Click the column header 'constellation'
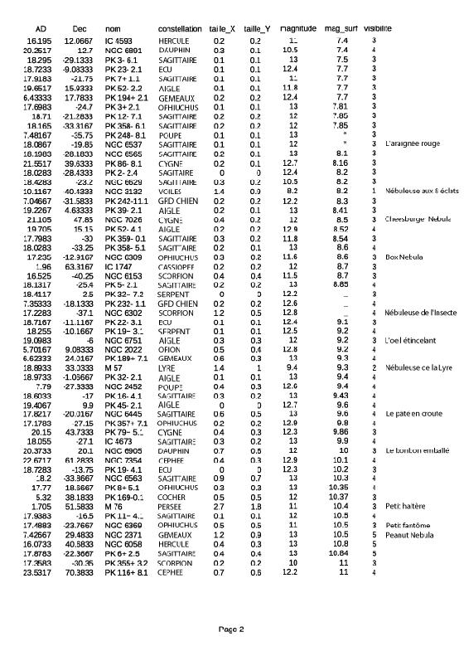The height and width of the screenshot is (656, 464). (179, 28)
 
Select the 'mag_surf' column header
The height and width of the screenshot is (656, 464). (341, 28)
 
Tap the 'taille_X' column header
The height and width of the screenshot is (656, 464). (221, 28)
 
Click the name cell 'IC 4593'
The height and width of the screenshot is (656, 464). (118, 40)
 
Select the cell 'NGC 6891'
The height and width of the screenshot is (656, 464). (122, 50)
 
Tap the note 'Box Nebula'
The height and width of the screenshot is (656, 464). (404, 257)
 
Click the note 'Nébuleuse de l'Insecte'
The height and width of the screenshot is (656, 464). (420, 313)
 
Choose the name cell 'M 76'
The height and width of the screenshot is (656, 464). (114, 506)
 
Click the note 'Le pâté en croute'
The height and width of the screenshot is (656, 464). (414, 412)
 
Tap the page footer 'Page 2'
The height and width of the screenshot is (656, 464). (230, 629)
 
